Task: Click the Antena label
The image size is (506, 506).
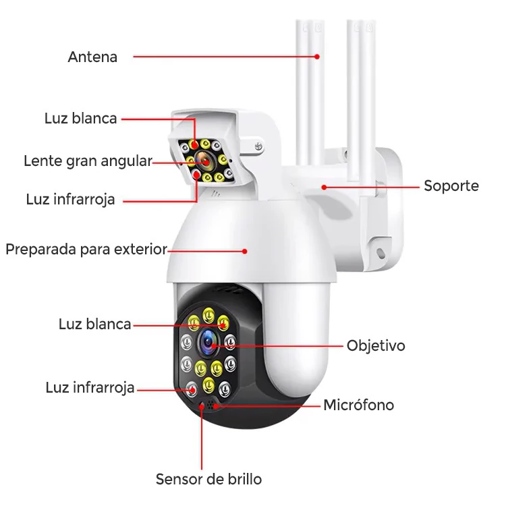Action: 92,57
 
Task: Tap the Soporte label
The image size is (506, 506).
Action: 451,186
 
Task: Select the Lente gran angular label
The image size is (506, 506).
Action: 88,161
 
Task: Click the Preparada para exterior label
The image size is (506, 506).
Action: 86,250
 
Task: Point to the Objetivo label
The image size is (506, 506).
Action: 376,345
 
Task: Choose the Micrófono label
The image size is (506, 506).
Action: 358,405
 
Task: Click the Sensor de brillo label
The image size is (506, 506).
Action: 208,479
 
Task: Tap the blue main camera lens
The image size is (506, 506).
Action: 208,343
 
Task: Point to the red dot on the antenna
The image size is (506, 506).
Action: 317,57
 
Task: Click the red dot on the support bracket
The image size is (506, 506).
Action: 324,187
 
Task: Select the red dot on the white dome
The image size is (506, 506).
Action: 245,251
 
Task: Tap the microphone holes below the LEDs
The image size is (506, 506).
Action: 211,405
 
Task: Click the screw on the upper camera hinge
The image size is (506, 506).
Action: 258,146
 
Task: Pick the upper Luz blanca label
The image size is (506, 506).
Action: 81,119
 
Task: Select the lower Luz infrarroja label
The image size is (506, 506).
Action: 90,387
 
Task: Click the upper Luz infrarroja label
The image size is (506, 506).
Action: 70,200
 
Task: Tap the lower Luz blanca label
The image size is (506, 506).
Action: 95,324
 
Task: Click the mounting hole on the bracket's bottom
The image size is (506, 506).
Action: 381,253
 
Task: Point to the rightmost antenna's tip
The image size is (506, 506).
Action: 369,22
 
